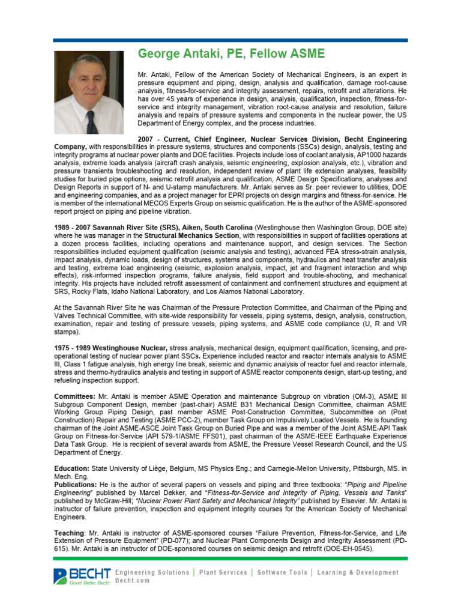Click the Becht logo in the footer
pyautogui.click(x=82, y=576)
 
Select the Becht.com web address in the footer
pyautogui.click(x=133, y=581)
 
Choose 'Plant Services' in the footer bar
pyautogui.click(x=223, y=572)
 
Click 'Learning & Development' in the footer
pyautogui.click(x=358, y=572)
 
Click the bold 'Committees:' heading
pyautogui.click(x=74, y=397)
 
